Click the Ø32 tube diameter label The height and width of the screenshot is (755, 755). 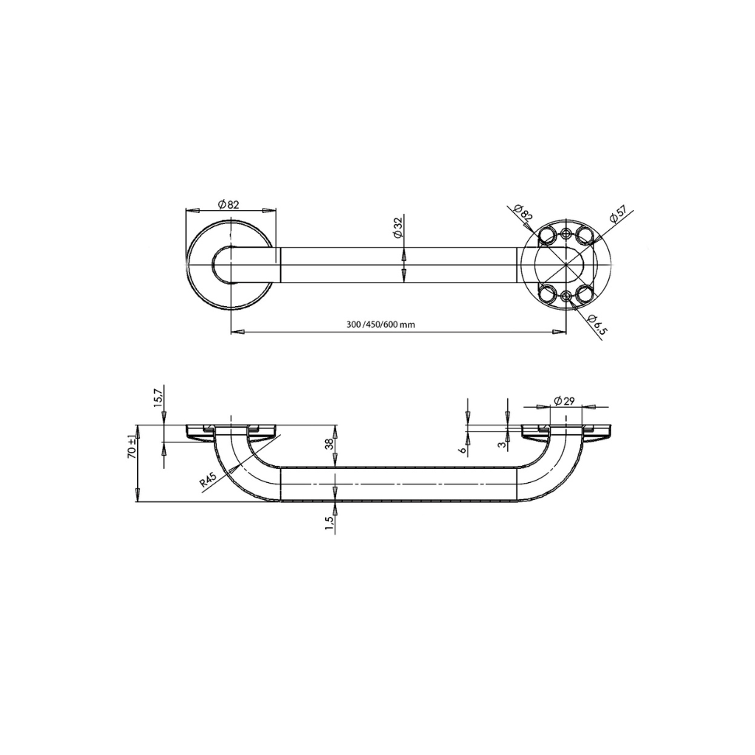tap(397, 227)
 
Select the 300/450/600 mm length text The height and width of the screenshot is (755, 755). tap(380, 325)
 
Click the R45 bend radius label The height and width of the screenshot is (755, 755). tap(208, 481)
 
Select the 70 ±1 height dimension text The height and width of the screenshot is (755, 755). tap(131, 445)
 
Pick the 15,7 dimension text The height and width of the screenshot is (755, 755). tap(156, 397)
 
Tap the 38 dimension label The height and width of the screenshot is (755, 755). tap(330, 444)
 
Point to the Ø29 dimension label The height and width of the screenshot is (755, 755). tap(564, 400)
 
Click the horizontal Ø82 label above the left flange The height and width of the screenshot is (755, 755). tap(229, 204)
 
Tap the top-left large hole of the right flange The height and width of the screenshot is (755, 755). tap(547, 235)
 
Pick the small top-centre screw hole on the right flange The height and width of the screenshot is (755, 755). tap(566, 233)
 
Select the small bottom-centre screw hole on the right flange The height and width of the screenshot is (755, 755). tap(566, 296)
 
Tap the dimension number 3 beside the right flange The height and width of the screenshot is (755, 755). tap(501, 443)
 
